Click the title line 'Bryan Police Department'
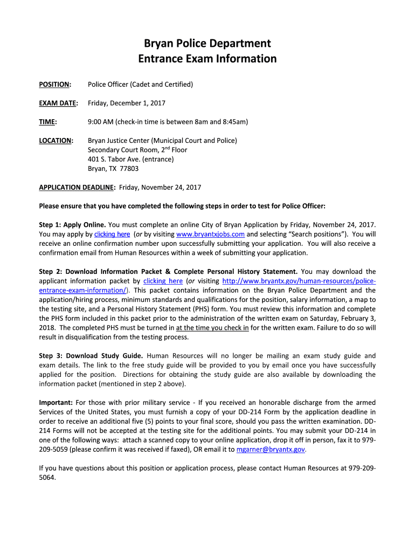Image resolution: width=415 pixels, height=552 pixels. coord(207,43)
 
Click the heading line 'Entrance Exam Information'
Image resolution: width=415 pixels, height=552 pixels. coord(207,59)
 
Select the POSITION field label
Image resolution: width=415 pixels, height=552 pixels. coord(54,85)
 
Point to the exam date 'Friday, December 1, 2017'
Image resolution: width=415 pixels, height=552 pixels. coord(127,103)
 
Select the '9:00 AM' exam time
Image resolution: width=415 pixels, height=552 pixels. coord(100,122)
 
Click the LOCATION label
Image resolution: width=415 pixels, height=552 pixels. coord(56,141)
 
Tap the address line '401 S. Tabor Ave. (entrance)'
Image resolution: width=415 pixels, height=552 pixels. coord(131,159)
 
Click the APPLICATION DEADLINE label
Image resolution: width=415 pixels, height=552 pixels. coord(77,187)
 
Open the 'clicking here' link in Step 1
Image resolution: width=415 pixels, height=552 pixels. coord(112,234)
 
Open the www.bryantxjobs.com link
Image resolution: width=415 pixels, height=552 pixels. coord(211,234)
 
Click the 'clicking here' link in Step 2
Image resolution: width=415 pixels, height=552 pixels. coord(163,281)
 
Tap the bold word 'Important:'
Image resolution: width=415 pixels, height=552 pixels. coord(56,403)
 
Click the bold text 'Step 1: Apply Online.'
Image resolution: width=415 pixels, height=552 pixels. coord(72,225)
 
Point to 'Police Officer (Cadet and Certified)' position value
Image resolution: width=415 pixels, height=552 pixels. coord(140,85)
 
